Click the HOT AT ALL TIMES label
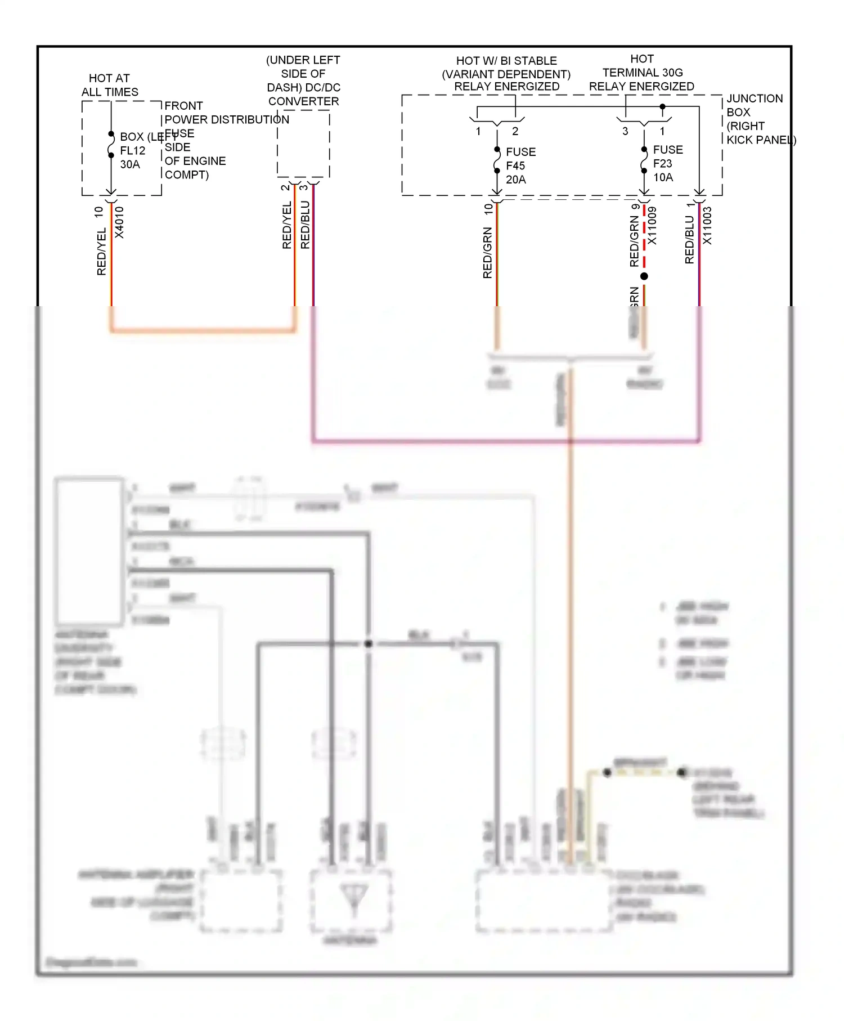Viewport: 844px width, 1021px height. [110, 85]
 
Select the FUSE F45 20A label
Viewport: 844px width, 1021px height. [520, 165]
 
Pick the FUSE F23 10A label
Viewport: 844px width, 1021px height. [667, 163]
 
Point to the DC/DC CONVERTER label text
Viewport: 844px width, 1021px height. [303, 80]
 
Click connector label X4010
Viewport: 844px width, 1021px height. [119, 222]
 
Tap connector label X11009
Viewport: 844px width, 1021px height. [652, 226]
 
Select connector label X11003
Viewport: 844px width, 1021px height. [707, 226]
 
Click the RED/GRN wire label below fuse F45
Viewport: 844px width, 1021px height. [487, 252]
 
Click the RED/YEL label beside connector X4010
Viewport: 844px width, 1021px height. [101, 252]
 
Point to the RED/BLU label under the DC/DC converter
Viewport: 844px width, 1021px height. [305, 225]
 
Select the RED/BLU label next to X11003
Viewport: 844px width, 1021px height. [689, 240]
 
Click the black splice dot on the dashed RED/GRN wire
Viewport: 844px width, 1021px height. [644, 276]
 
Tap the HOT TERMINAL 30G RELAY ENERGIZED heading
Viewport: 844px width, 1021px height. [641, 73]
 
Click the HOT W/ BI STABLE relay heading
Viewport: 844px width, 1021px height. [506, 73]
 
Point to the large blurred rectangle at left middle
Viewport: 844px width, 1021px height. [89, 551]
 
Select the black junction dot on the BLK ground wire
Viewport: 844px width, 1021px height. [369, 643]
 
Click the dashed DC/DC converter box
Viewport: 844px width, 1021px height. [303, 144]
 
